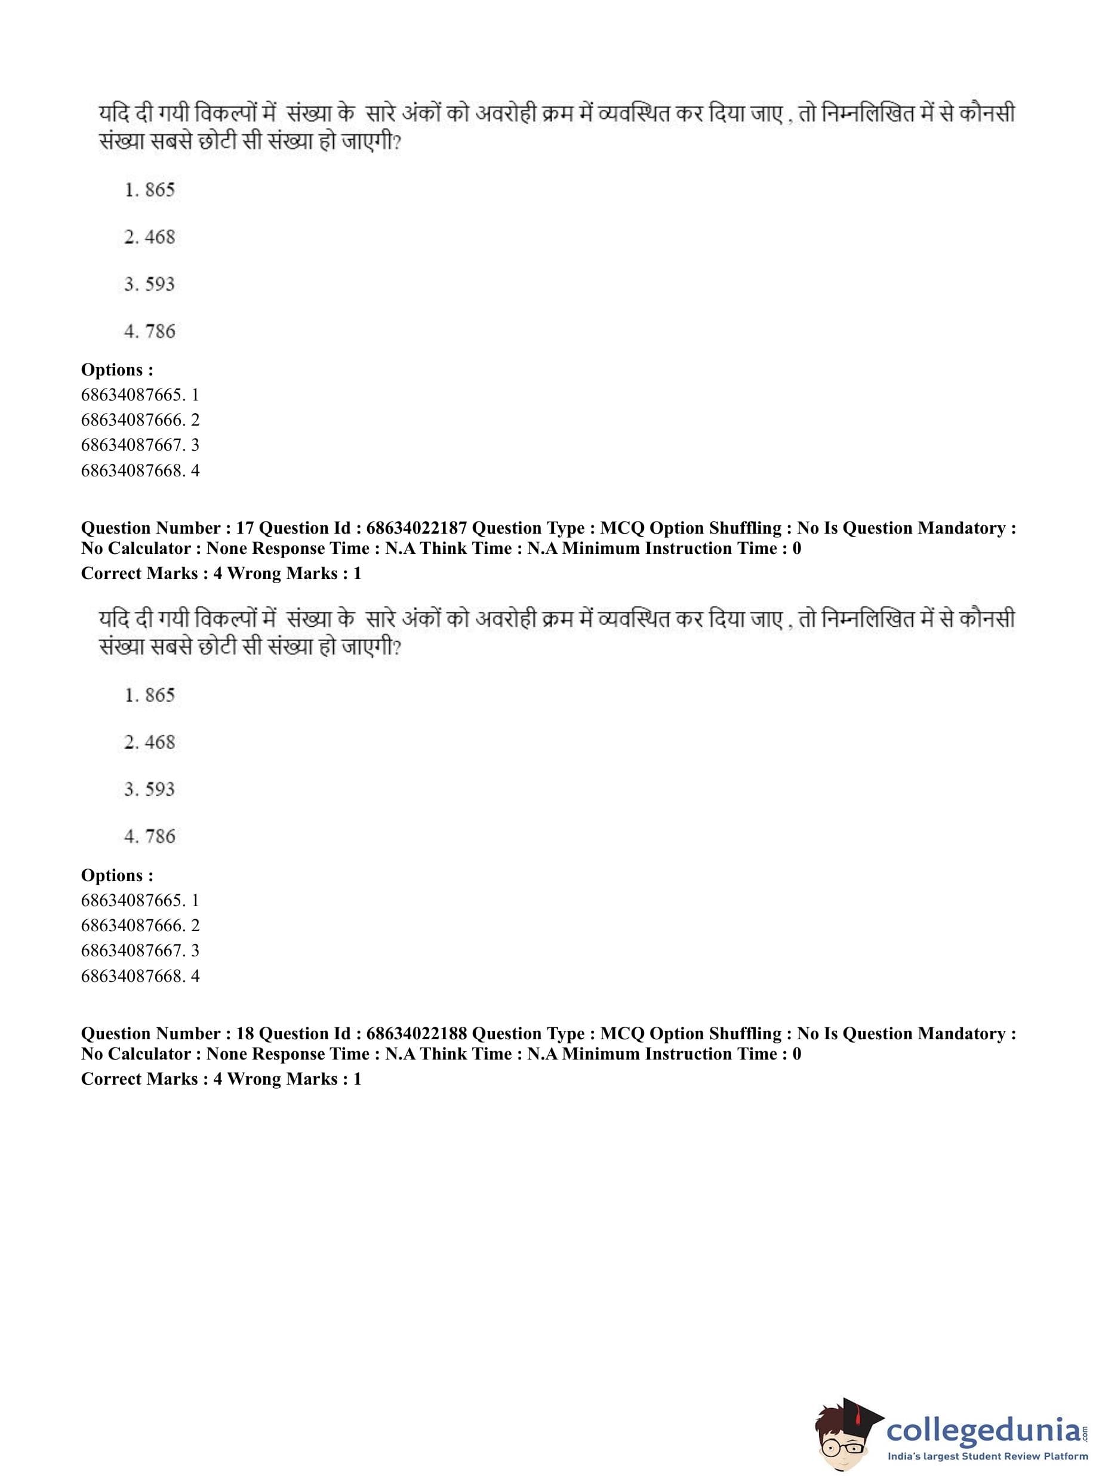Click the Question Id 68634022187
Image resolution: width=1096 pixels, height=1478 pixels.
tap(416, 528)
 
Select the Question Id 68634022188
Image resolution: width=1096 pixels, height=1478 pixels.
tap(416, 1033)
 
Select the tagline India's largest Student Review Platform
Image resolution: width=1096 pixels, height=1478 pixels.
tap(987, 1457)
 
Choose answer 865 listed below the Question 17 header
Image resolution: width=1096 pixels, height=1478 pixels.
tap(159, 695)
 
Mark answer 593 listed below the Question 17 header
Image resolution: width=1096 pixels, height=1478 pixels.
tap(159, 789)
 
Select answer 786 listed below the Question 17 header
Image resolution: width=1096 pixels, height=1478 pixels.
tap(159, 836)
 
